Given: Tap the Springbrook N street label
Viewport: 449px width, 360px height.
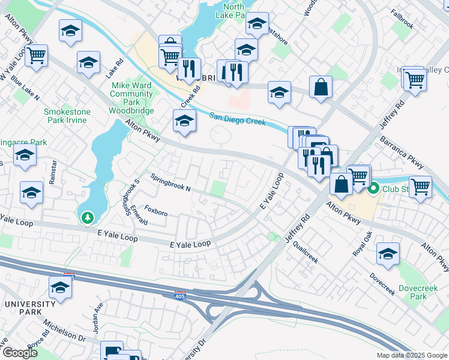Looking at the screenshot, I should click(x=170, y=183).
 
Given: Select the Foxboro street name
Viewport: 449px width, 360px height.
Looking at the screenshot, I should click(x=156, y=213).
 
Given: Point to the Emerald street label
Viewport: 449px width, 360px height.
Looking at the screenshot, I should click(x=139, y=215).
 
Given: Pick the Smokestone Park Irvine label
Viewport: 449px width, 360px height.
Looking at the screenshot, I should click(x=66, y=116).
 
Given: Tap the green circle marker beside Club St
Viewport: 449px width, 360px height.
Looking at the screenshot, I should click(x=373, y=189).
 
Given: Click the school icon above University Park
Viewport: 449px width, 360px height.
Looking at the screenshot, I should click(x=61, y=288).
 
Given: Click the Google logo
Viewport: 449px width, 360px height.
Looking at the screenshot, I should click(x=20, y=353).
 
